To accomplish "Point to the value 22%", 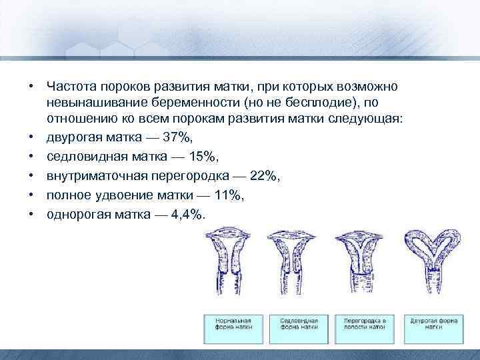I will click(264, 176).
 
